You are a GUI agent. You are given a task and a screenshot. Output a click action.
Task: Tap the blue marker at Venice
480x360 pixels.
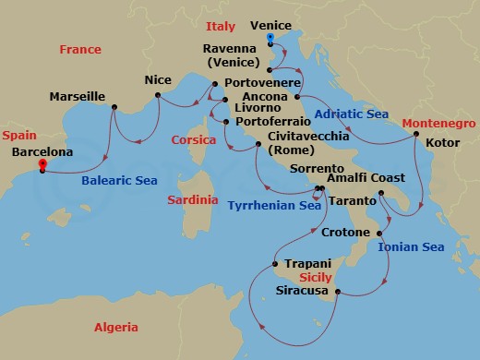coord(270,40)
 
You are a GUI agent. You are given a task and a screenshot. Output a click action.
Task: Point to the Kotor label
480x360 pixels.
coord(441,143)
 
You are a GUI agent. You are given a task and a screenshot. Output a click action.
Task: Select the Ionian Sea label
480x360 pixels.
coord(412,246)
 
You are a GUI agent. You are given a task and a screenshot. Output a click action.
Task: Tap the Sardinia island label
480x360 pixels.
coord(193,199)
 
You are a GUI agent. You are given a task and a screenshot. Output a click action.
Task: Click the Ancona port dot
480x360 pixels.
coord(297,96)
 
